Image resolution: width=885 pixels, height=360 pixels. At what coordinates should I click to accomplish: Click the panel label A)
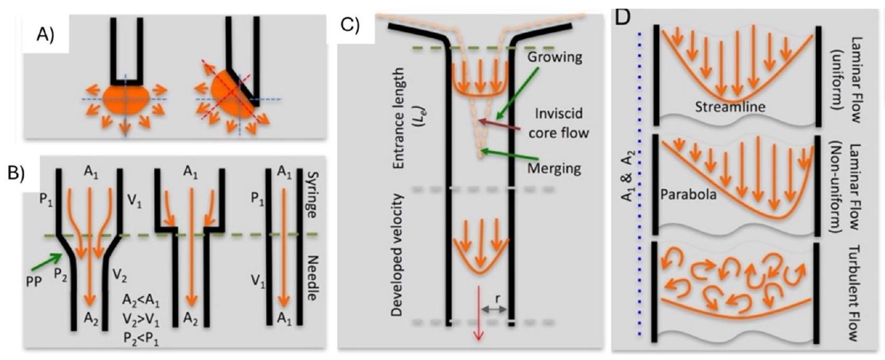(46, 35)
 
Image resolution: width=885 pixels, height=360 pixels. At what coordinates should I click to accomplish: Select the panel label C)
(351, 25)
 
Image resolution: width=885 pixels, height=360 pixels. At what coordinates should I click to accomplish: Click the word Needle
(312, 278)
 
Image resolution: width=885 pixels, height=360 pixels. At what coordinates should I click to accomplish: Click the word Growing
(555, 57)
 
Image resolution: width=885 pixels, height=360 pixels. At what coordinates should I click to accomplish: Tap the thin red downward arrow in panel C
(479, 312)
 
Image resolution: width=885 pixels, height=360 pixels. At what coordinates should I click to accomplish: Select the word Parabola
(688, 195)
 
